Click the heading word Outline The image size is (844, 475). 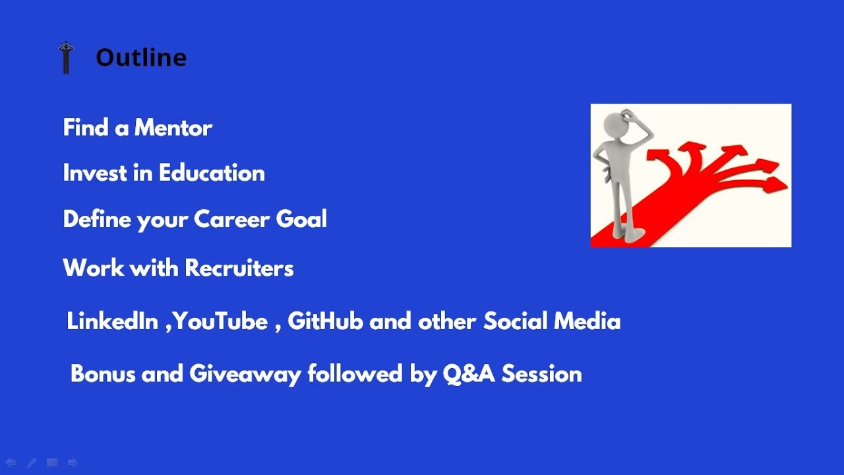click(x=141, y=57)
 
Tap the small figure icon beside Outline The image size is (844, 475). click(x=66, y=57)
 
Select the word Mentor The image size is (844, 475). click(x=173, y=127)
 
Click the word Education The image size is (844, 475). click(x=212, y=173)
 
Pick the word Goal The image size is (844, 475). click(x=301, y=218)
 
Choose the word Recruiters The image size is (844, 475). click(x=239, y=268)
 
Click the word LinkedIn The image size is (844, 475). click(x=112, y=321)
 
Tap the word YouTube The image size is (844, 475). click(x=220, y=321)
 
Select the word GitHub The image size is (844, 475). click(x=326, y=321)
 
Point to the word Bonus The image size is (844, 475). click(x=103, y=374)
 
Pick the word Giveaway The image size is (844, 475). click(x=245, y=375)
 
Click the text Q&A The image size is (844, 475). click(x=469, y=374)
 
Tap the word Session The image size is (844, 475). click(x=542, y=374)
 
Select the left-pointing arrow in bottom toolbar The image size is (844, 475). click(x=11, y=462)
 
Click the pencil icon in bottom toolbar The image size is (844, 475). click(x=32, y=462)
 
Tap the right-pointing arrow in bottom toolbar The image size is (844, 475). click(x=73, y=462)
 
